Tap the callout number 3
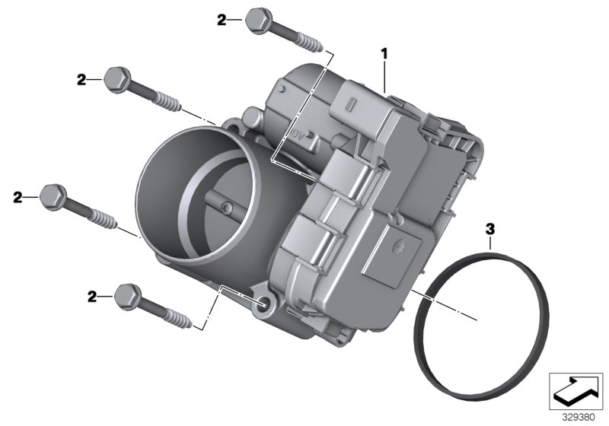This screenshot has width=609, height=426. pyautogui.click(x=490, y=227)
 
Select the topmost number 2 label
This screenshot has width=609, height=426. pyautogui.click(x=222, y=20)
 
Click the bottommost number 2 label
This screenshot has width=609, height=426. pyautogui.click(x=93, y=297)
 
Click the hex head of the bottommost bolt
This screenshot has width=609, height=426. pyautogui.click(x=126, y=293)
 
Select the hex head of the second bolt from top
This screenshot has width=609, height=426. pyautogui.click(x=116, y=77)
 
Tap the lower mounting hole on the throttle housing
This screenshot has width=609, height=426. pyautogui.click(x=263, y=304)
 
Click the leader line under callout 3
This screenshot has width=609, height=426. pyautogui.click(x=491, y=243)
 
